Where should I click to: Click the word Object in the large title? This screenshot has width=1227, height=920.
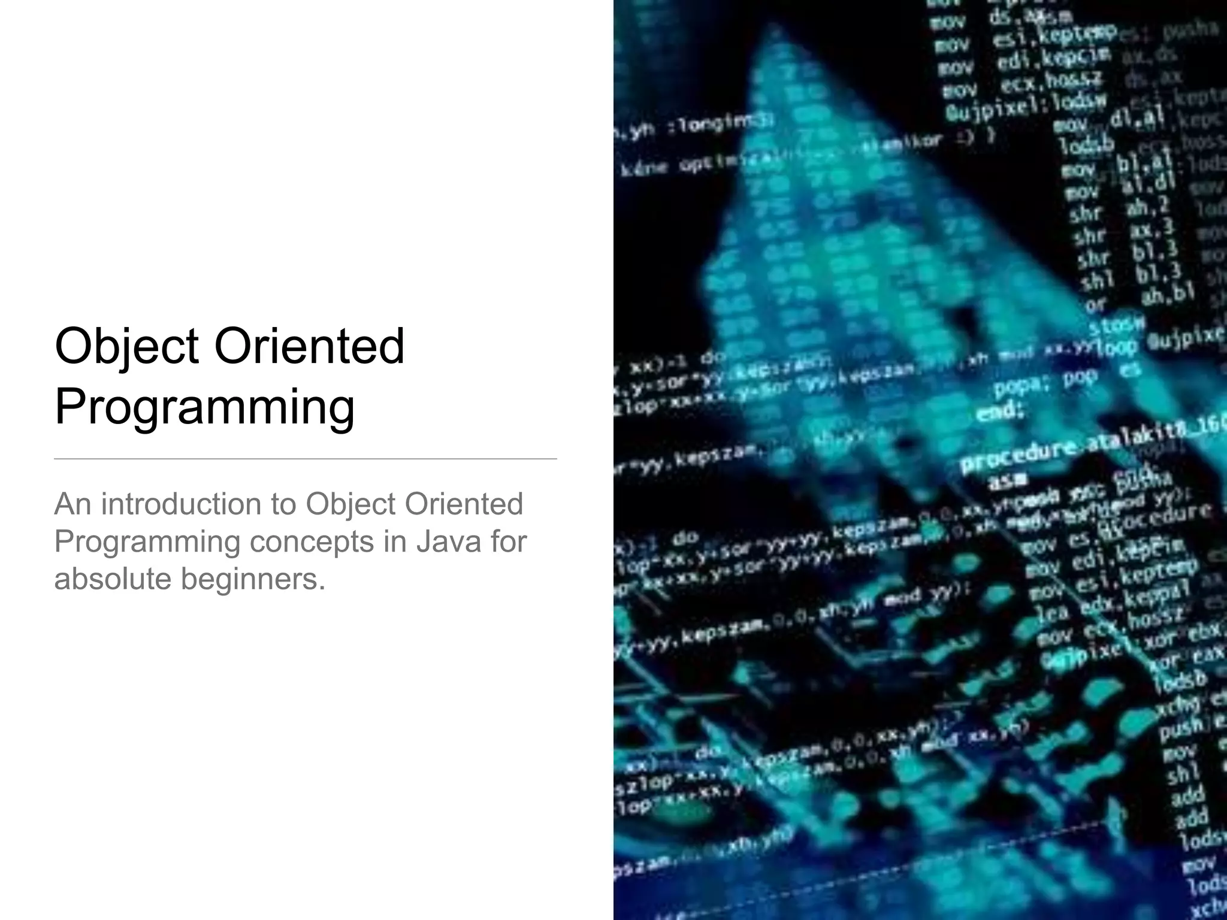point(126,347)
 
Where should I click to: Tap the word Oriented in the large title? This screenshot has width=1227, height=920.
point(309,347)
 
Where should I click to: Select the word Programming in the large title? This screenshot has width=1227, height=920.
point(204,408)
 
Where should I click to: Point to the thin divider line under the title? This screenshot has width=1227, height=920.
point(305,459)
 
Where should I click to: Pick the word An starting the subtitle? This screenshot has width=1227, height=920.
point(72,504)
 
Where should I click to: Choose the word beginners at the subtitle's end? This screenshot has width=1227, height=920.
point(253,579)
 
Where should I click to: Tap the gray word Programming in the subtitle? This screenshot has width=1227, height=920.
point(147,541)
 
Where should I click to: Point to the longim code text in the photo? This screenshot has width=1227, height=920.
point(727,126)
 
